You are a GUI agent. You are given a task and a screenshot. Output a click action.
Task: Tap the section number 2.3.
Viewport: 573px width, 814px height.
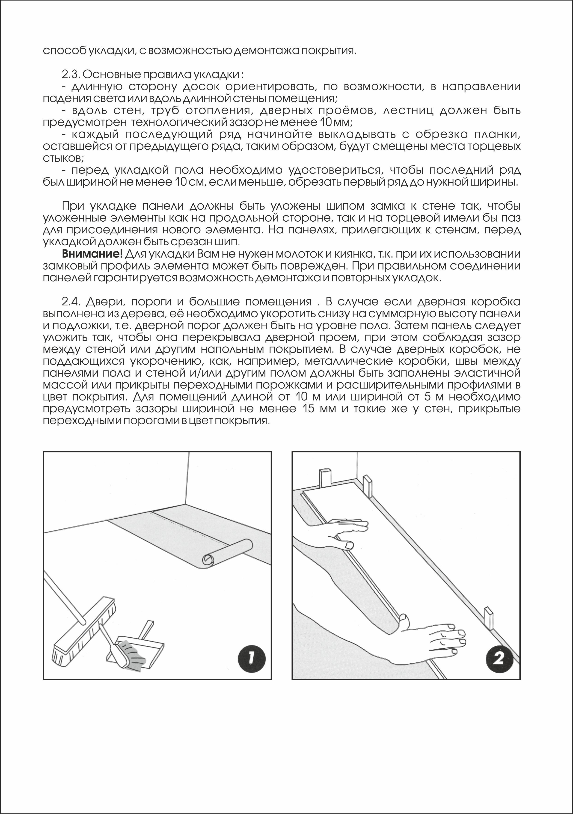pos(72,75)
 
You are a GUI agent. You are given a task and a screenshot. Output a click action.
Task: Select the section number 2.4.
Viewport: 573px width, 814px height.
pos(72,302)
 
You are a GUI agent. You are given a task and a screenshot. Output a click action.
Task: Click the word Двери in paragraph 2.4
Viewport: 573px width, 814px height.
pos(105,302)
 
